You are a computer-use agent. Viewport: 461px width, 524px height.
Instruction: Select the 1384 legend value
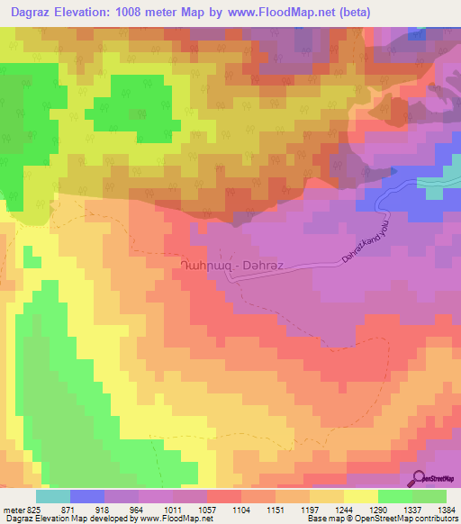446,509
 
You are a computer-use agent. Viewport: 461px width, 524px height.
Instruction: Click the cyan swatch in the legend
53,496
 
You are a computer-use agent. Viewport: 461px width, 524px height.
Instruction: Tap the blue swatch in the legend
87,496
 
